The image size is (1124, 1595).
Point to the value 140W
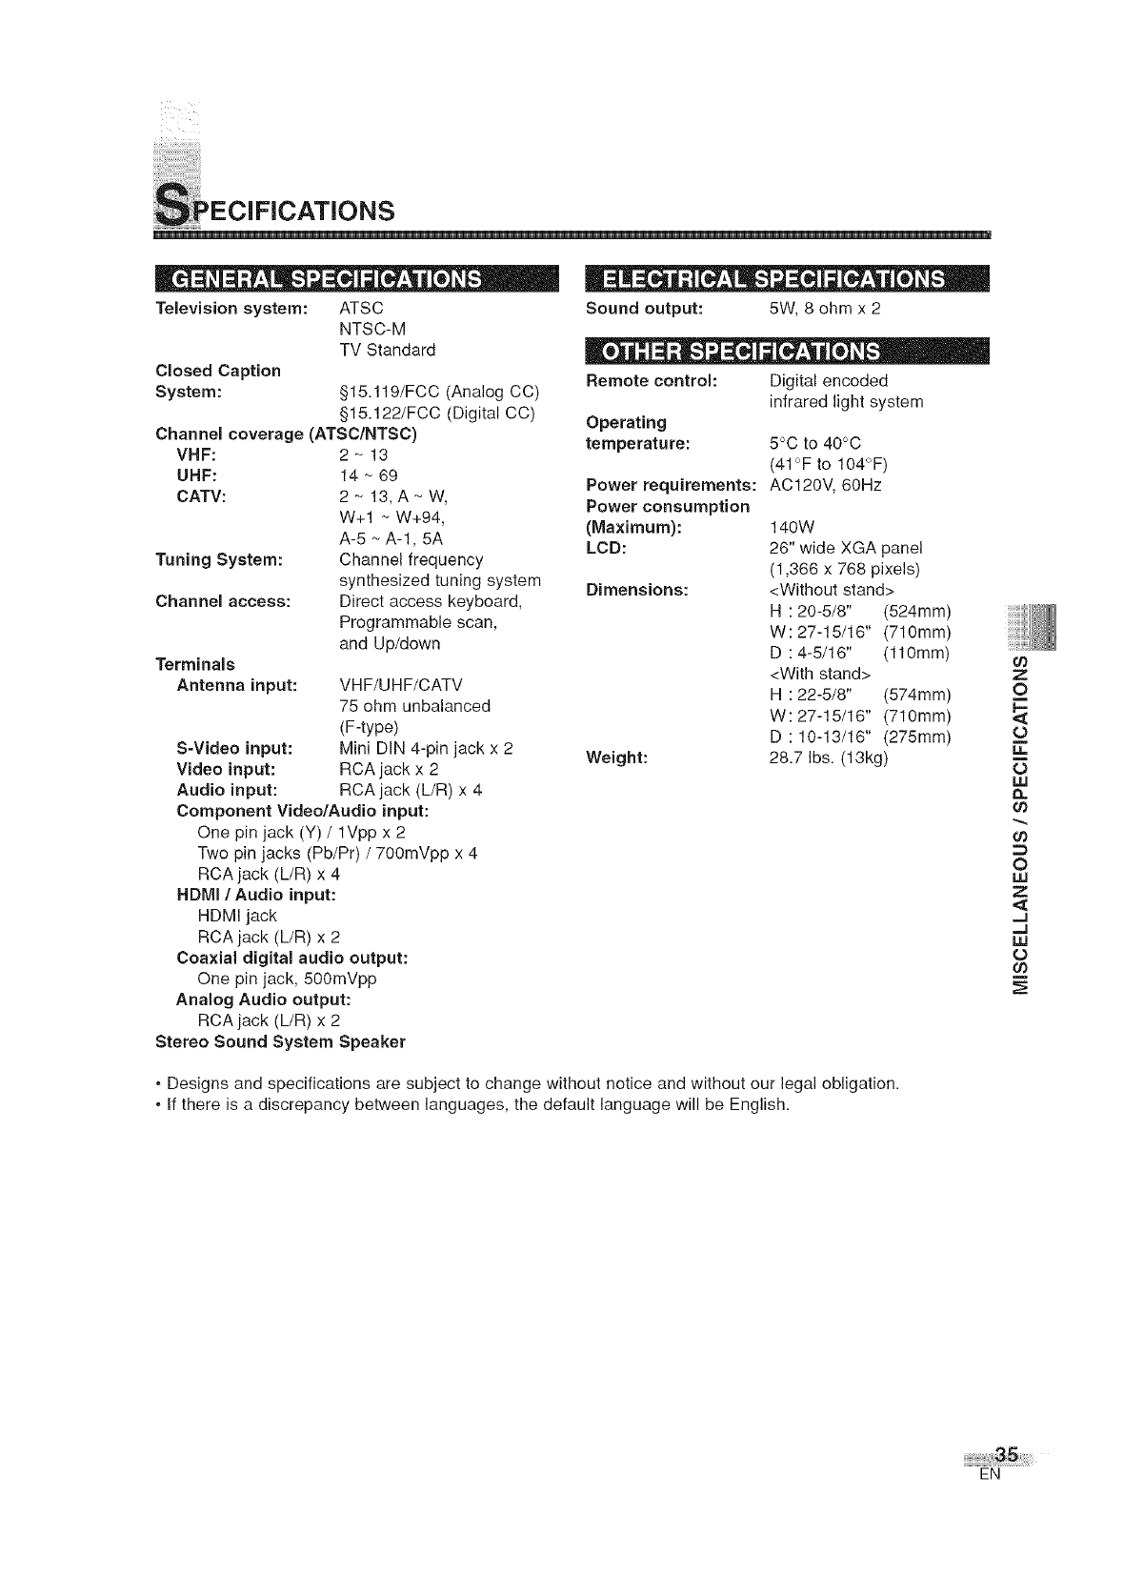790,527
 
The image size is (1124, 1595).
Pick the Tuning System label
219,559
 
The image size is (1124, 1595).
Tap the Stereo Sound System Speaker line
280,1041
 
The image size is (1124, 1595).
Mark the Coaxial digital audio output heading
292,958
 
